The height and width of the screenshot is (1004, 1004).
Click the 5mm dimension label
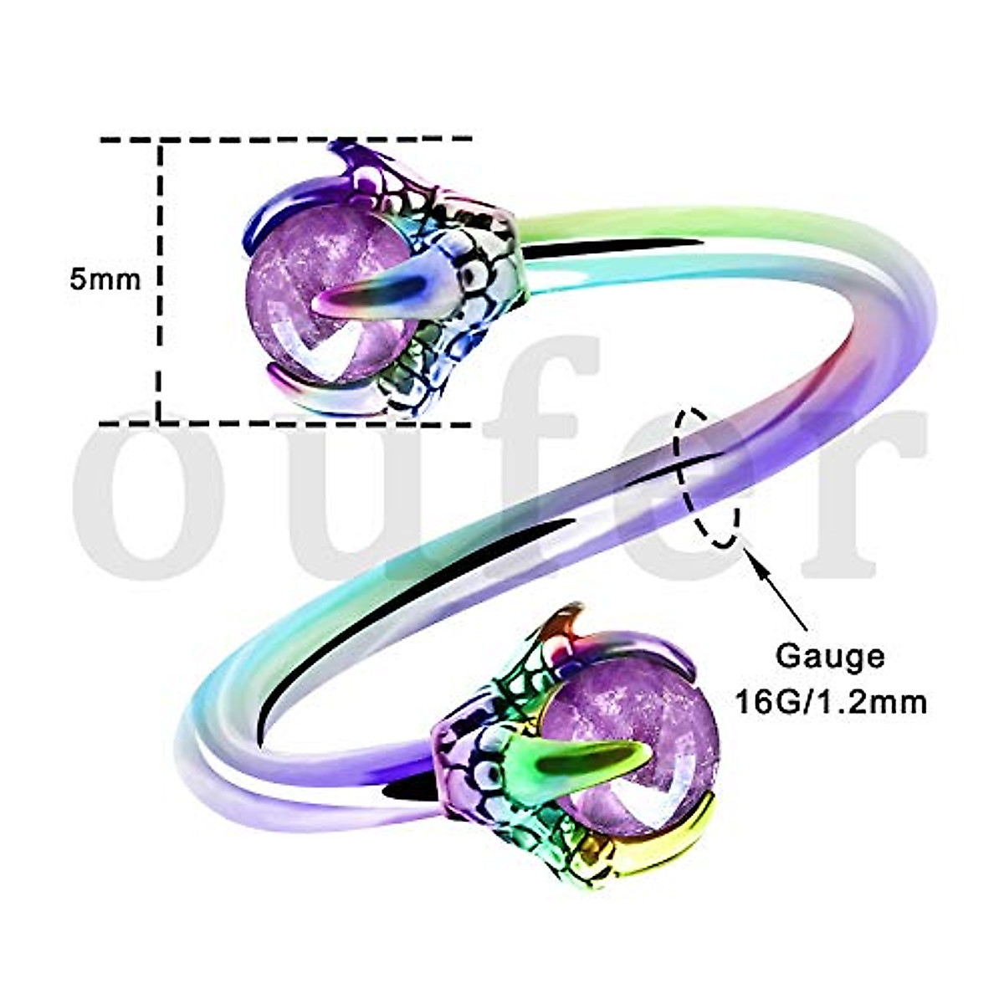pyautogui.click(x=105, y=279)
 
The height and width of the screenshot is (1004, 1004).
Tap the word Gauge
pyautogui.click(x=829, y=655)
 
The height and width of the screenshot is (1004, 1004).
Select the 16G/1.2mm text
pyautogui.click(x=830, y=701)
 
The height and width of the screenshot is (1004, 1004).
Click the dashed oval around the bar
pyautogui.click(x=708, y=477)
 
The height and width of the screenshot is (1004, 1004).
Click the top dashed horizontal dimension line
pyautogui.click(x=284, y=140)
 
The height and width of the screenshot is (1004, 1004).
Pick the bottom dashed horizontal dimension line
pyautogui.click(x=284, y=423)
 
